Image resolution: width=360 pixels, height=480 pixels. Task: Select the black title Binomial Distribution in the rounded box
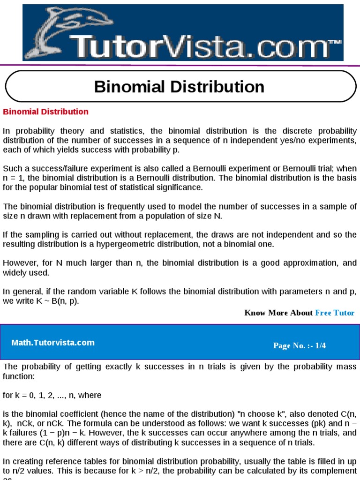179,87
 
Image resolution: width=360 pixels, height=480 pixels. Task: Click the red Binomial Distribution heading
45,112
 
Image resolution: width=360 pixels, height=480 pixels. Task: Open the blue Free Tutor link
335,313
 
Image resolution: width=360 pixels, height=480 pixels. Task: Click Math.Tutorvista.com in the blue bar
53,343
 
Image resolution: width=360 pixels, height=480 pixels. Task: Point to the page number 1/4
321,346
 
